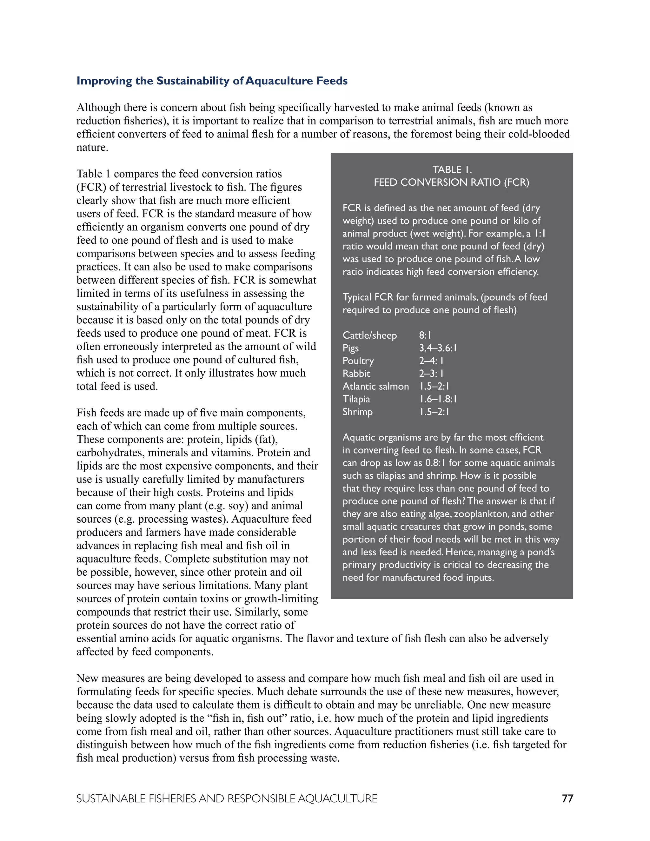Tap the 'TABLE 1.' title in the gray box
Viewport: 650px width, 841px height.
coord(452,169)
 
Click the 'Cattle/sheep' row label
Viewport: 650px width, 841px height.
coord(370,335)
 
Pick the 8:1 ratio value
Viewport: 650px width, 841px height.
coord(425,335)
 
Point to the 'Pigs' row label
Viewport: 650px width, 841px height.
coord(350,348)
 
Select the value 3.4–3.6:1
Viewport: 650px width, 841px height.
coord(438,348)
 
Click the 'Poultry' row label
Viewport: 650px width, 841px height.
coord(358,361)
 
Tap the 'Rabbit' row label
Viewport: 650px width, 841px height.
coord(356,374)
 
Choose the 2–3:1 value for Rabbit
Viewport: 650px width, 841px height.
coord(431,374)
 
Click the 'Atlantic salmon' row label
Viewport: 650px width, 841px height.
coord(375,386)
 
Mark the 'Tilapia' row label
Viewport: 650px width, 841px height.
coord(356,399)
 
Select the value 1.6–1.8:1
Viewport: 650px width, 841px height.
coord(438,399)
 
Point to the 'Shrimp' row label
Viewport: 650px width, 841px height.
coord(357,412)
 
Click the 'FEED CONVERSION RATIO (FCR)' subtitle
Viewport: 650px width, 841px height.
coord(451,182)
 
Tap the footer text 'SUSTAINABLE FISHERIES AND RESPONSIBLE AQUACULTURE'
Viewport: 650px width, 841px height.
coord(227,799)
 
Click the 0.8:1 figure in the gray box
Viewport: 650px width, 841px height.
coord(435,463)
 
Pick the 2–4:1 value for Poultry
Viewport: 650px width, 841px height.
coord(431,361)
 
